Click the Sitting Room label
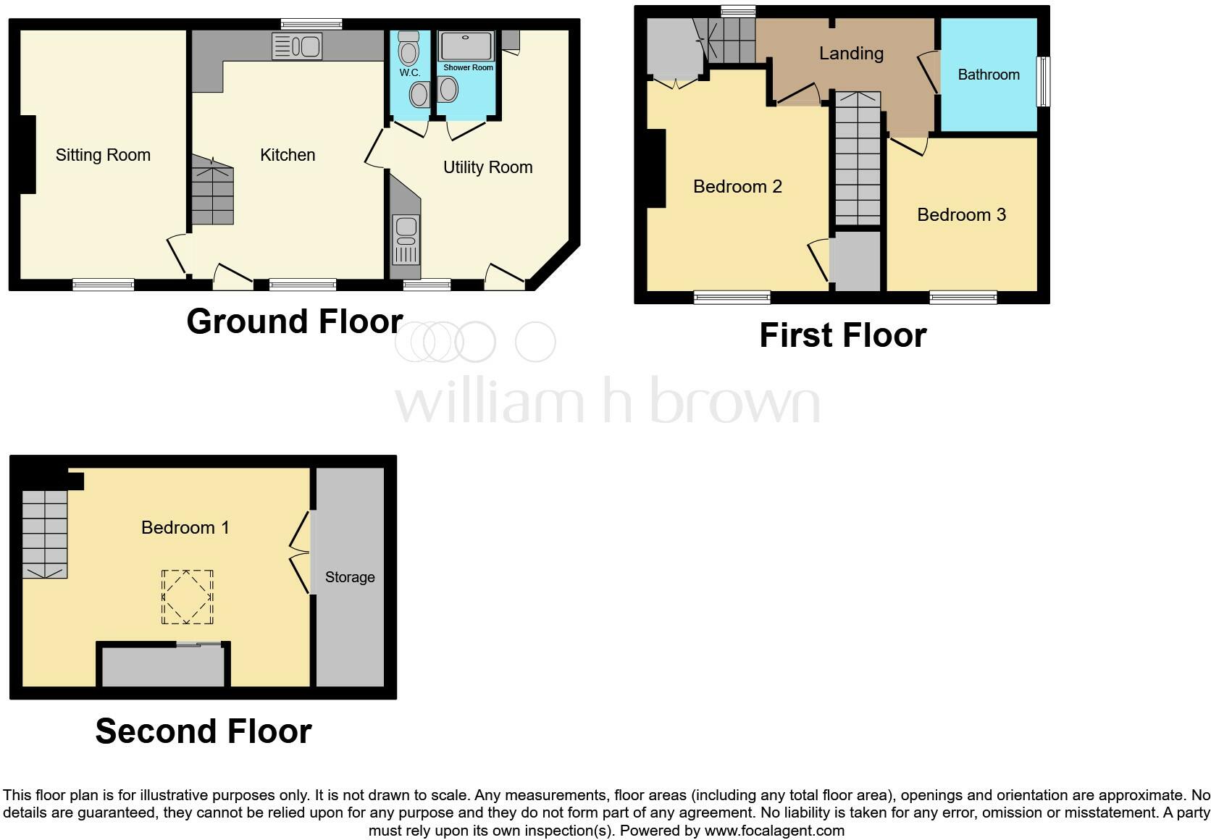click(103, 155)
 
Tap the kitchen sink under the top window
click(297, 47)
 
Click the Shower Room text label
click(468, 67)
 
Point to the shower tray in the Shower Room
click(466, 45)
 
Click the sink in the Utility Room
click(406, 240)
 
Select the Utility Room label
click(487, 167)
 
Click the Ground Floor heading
click(294, 321)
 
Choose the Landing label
click(851, 53)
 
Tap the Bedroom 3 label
click(961, 214)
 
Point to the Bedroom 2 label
click(737, 186)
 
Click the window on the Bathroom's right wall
click(1044, 82)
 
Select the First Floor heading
click(842, 335)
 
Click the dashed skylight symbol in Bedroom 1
click(188, 597)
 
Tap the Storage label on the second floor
click(350, 577)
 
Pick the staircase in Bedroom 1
click(45, 534)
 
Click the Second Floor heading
click(204, 731)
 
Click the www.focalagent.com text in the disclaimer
click(774, 831)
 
